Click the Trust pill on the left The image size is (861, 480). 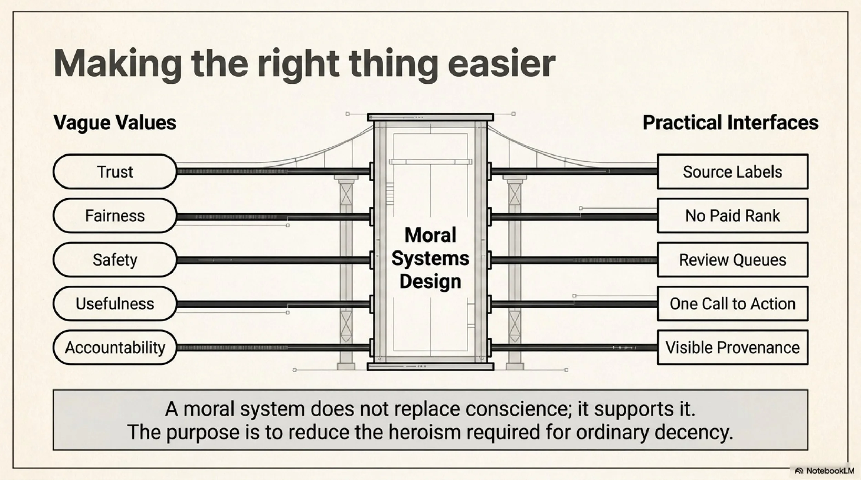115,171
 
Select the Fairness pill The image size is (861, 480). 115,215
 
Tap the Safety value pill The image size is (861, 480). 115,259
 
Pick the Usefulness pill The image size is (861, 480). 115,303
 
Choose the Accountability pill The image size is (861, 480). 115,348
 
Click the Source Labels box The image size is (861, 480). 733,171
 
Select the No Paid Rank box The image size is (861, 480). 733,215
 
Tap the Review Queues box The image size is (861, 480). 733,259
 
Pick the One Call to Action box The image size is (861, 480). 733,303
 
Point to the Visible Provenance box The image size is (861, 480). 733,348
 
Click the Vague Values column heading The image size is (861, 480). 115,123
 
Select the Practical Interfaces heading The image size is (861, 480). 730,122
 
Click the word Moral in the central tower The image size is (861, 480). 430,235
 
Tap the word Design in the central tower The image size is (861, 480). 430,282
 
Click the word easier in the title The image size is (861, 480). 501,64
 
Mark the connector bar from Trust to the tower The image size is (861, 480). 273,171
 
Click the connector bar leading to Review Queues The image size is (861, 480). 574,260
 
